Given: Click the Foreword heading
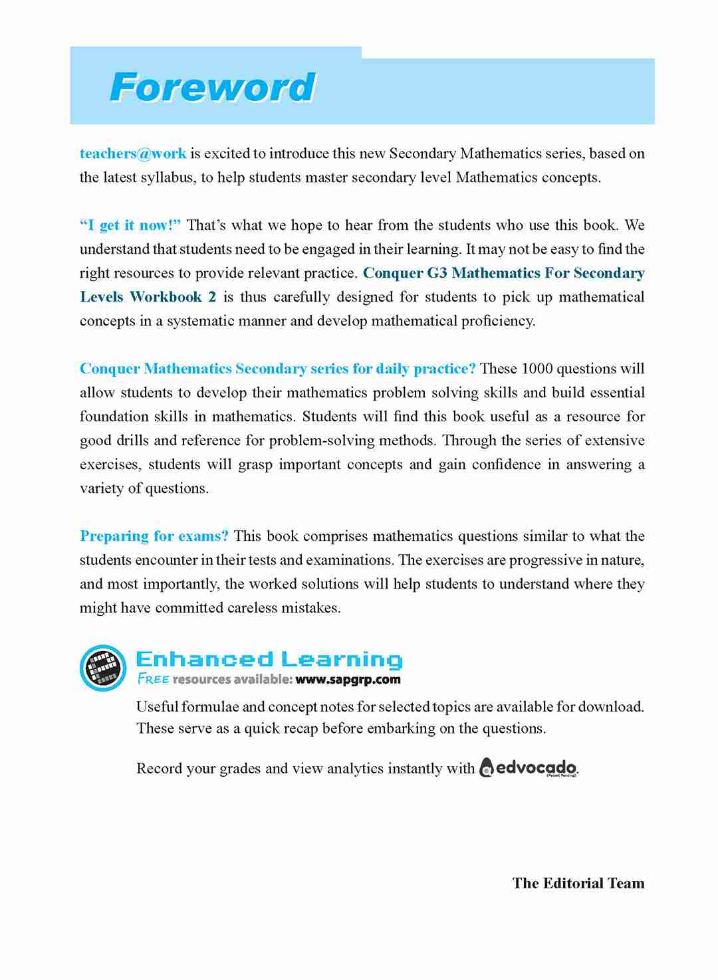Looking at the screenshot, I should point(212,88).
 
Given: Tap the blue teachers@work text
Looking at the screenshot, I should point(133,153).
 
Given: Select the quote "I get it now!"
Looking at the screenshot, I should point(130,225).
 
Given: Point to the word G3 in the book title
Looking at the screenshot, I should point(437,273).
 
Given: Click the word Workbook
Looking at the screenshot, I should point(166,297).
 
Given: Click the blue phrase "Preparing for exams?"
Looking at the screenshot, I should point(154,536).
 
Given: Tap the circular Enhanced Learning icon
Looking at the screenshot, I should point(103,668).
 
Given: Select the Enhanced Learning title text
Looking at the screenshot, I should point(269,659).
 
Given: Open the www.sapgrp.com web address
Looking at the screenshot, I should point(348,680).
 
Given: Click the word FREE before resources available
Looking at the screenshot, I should point(153,680).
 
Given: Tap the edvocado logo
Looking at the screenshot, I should point(529,768).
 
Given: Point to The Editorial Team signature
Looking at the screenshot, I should point(578,883).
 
